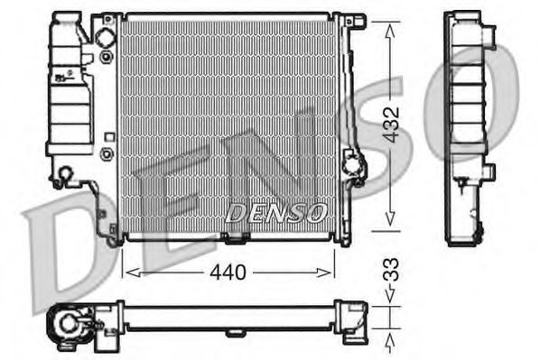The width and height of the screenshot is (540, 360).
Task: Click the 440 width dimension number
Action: pos(229,270)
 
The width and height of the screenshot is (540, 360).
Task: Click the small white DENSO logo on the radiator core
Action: pos(275,213)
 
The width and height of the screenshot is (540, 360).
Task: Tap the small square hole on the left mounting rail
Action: pos(109,137)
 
